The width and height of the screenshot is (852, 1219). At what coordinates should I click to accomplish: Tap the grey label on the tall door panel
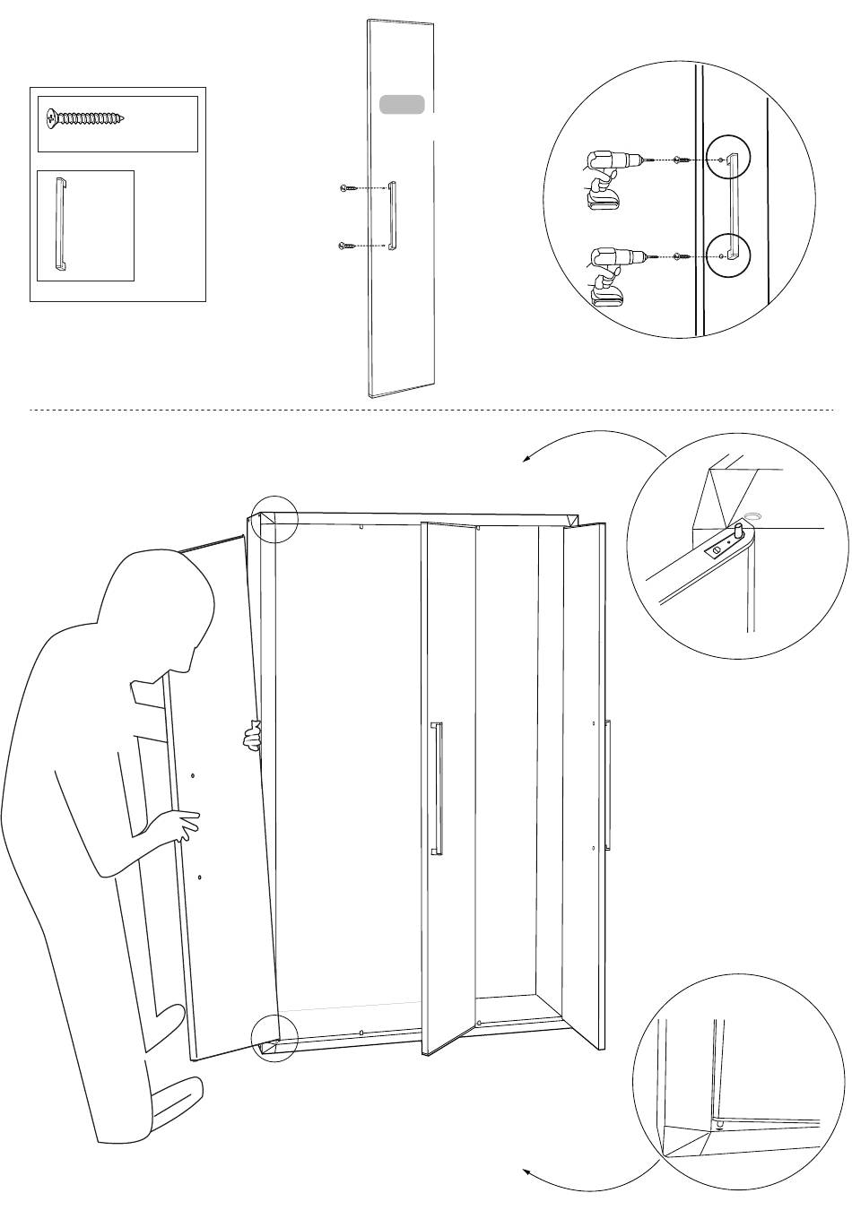[402, 104]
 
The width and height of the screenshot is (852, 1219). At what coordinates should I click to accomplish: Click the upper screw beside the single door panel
[350, 188]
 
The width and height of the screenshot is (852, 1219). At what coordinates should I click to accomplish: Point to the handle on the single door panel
[392, 216]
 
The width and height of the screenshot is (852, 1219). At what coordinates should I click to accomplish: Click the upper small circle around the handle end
[726, 160]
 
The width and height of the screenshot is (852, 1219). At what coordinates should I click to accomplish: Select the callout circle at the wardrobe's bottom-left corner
[273, 1038]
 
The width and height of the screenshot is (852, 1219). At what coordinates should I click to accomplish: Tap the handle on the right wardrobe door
[608, 782]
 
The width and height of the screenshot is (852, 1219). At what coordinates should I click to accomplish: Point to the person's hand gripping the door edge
[253, 735]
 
